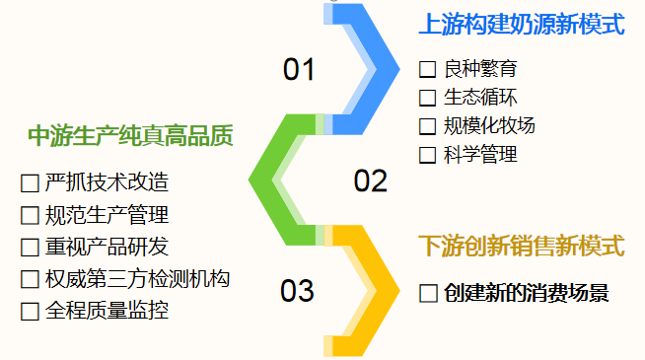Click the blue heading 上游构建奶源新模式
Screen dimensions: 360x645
coord(521,24)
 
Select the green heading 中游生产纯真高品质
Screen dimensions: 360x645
coord(130,135)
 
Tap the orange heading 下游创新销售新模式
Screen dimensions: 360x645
coord(521,246)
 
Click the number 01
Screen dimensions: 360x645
coord(299,70)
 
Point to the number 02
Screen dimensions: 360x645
coord(371,180)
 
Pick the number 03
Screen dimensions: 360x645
coord(297,291)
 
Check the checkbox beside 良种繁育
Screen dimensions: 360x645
coord(427,70)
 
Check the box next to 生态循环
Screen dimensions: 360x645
coord(427,98)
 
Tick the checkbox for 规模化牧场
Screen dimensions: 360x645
coord(427,126)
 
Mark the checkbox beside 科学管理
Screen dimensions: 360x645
coord(427,155)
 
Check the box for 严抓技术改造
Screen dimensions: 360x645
coord(29,183)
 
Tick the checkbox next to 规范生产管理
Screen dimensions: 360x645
coord(29,215)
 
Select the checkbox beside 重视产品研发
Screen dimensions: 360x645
coord(29,247)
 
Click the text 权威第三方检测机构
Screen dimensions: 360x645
coord(137,279)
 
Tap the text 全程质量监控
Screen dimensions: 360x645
coord(107,311)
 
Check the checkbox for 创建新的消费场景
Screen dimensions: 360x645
coord(427,294)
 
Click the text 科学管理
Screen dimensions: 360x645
coord(480,155)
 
